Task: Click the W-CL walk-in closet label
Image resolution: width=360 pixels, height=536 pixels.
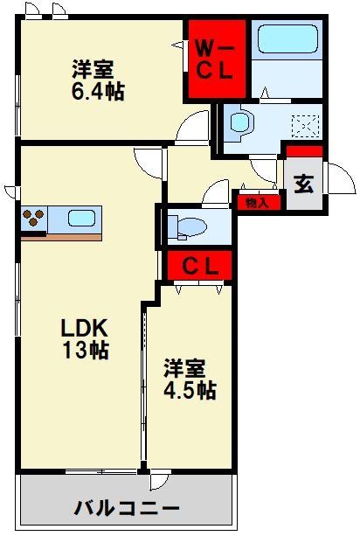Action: coord(213,59)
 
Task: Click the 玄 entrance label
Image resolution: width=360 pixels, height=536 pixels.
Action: coord(303,184)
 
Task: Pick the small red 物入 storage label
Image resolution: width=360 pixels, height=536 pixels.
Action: coord(257,203)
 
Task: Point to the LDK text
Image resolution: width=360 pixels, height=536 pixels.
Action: coord(83,329)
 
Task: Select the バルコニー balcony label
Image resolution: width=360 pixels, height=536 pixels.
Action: coord(126,508)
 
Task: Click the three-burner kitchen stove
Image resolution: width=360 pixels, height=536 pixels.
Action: coord(33,219)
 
